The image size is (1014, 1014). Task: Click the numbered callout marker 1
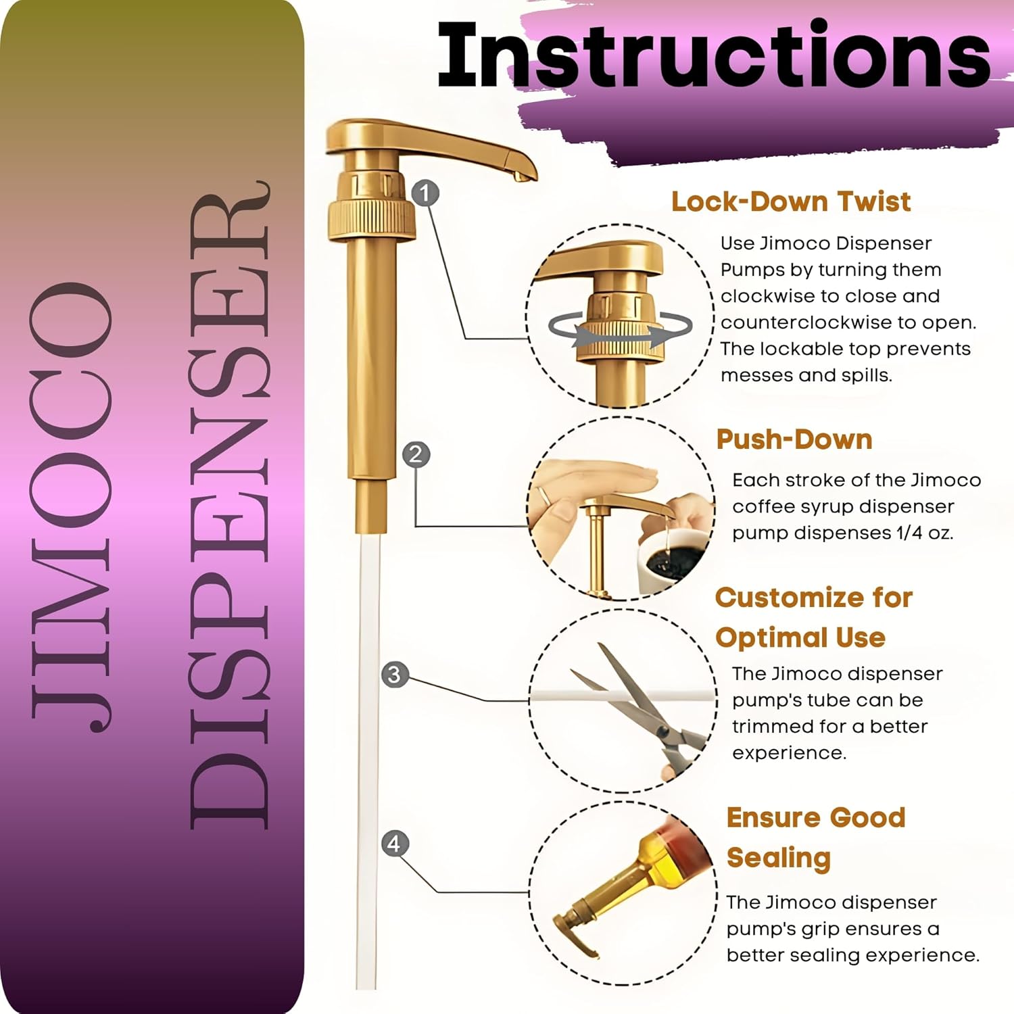tap(425, 194)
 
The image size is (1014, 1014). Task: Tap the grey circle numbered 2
tap(416, 454)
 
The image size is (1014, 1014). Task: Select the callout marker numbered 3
tap(395, 675)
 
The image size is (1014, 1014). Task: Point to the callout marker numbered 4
tap(395, 844)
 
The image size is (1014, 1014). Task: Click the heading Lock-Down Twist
tap(791, 201)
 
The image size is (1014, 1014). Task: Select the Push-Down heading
tap(794, 439)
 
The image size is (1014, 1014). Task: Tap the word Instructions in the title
tap(714, 55)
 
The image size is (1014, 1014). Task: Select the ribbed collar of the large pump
tap(370, 216)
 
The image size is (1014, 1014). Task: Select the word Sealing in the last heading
tap(779, 859)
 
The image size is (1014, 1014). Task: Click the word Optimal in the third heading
tap(763, 637)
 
